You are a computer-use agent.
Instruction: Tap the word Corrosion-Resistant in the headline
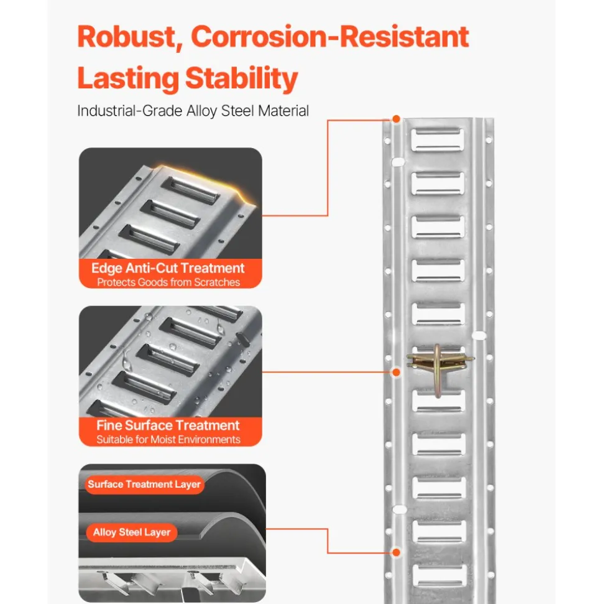pyautogui.click(x=330, y=37)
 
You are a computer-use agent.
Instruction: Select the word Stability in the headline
pyautogui.click(x=242, y=78)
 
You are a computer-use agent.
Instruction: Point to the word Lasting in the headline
pyautogui.click(x=128, y=78)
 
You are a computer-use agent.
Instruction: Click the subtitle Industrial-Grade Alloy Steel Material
pyautogui.click(x=193, y=111)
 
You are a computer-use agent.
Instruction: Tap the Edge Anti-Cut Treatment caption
pyautogui.click(x=168, y=267)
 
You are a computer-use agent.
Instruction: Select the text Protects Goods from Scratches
pyautogui.click(x=168, y=282)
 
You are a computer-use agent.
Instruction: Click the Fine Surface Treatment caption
pyautogui.click(x=168, y=425)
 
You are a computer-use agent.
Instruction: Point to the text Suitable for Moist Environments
pyautogui.click(x=168, y=440)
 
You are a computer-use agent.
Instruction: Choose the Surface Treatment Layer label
pyautogui.click(x=144, y=484)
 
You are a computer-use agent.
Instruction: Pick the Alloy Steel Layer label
pyautogui.click(x=132, y=532)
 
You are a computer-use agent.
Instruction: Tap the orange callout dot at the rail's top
pyautogui.click(x=396, y=119)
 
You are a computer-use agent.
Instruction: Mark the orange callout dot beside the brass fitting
pyautogui.click(x=396, y=372)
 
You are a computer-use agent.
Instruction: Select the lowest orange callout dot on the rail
pyautogui.click(x=396, y=552)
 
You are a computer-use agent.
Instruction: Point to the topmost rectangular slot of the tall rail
pyautogui.click(x=438, y=140)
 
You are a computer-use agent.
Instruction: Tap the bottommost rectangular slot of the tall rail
pyautogui.click(x=440, y=575)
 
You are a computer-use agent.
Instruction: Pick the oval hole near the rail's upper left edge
pyautogui.click(x=398, y=162)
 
